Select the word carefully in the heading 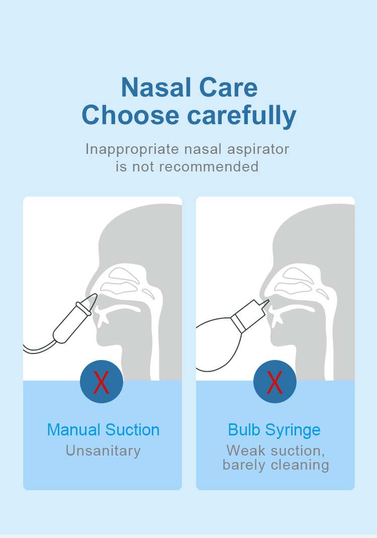[x=242, y=116]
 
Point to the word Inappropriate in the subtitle [x=132, y=150]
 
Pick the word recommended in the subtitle [x=209, y=167]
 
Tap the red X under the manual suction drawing [x=101, y=382]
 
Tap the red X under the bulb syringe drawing [x=274, y=382]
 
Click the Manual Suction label [x=103, y=430]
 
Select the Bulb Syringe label [x=274, y=430]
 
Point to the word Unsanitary [x=103, y=451]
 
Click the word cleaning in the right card [x=300, y=465]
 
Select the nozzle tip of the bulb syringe [x=265, y=303]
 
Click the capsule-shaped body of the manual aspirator [x=70, y=322]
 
